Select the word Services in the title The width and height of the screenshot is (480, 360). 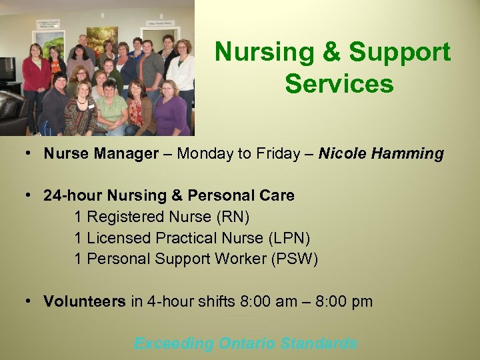tap(339, 84)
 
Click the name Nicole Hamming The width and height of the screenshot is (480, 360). tap(381, 154)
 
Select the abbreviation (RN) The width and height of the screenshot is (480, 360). tap(235, 217)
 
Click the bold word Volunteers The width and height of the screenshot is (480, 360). tap(85, 302)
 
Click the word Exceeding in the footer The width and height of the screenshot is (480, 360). tap(174, 344)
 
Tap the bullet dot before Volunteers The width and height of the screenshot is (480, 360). tap(30, 301)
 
